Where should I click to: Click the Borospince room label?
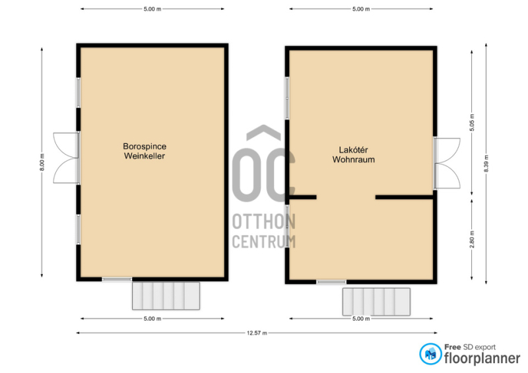(145, 147)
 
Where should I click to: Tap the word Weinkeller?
(145, 156)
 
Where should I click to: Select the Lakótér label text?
(353, 150)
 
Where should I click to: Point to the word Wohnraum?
(354, 159)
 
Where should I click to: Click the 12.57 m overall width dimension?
(257, 333)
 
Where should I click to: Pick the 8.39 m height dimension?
(486, 164)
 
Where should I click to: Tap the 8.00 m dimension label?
(42, 162)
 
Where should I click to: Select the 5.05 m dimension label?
(472, 123)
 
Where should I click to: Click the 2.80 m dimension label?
(472, 239)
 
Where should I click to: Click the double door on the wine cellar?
(67, 158)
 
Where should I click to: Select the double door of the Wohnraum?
(447, 163)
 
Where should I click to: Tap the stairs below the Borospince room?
(166, 296)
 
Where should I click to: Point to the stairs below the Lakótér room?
(376, 302)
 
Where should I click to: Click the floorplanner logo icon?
(430, 354)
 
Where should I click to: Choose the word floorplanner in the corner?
(482, 358)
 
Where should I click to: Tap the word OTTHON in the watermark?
(264, 221)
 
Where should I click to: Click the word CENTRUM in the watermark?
(264, 241)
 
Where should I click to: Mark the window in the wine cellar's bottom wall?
(117, 279)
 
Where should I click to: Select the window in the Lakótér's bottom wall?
(331, 282)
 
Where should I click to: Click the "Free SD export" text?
(470, 347)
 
